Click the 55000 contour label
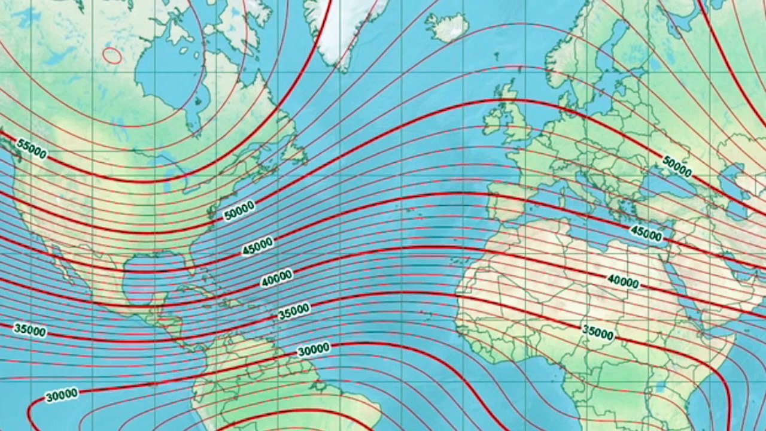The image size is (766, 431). point(32,148)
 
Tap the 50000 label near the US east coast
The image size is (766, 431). point(239,211)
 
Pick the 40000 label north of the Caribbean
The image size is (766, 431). point(276,278)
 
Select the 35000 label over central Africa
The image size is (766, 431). point(598,333)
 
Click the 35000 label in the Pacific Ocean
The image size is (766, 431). point(30,330)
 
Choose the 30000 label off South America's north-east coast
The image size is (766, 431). point(313,350)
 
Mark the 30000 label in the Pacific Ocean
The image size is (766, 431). point(62,394)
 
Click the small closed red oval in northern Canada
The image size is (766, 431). point(112,56)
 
